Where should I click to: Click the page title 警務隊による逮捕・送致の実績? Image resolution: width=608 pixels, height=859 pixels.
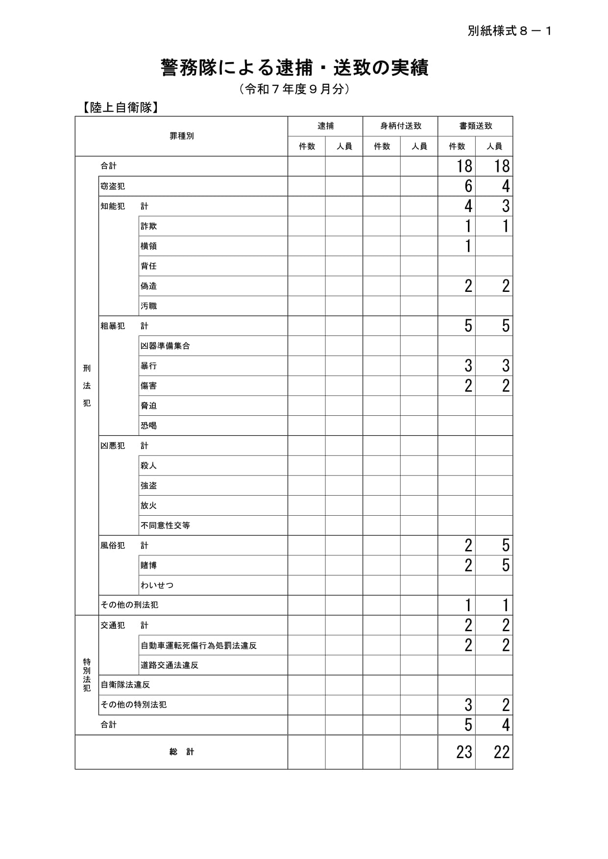(294, 68)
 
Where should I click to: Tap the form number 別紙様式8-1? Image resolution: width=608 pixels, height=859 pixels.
(510, 31)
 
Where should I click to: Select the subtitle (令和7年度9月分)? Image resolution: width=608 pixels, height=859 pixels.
(294, 89)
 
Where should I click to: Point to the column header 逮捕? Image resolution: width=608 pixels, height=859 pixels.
(325, 126)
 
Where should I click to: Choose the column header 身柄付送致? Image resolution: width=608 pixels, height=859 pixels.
(400, 126)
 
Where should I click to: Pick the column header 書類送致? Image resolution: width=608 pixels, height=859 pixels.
(475, 126)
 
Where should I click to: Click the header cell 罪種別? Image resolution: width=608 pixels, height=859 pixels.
(181, 136)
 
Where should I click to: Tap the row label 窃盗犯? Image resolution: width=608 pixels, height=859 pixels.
(113, 187)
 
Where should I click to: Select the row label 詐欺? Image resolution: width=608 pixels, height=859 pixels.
(148, 226)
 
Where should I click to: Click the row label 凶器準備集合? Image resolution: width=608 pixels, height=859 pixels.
(165, 346)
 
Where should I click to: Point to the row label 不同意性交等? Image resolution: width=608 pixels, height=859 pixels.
(165, 525)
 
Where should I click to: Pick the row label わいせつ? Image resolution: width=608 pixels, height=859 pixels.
(157, 585)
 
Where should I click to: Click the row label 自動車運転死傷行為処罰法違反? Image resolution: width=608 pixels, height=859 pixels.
(198, 645)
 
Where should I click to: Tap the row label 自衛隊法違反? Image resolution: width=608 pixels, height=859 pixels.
(125, 685)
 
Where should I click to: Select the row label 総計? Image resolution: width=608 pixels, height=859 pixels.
(181, 752)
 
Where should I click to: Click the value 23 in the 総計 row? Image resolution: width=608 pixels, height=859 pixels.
(463, 752)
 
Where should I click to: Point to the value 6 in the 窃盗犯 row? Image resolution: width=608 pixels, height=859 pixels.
(468, 187)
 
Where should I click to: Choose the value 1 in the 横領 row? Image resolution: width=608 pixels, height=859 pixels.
(468, 246)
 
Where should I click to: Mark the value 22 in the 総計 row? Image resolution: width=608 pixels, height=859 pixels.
(501, 752)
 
